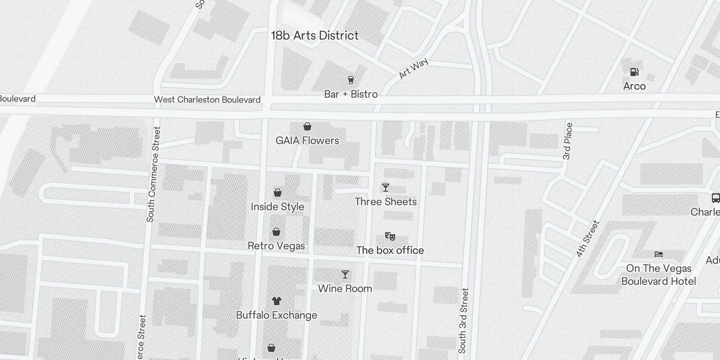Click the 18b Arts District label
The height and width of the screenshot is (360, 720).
(315, 36)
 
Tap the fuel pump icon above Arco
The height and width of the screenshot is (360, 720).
(634, 72)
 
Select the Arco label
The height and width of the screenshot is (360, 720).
(634, 86)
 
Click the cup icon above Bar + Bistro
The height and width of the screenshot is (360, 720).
(351, 80)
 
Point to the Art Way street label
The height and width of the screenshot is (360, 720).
(413, 68)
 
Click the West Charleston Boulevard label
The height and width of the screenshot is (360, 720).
(207, 99)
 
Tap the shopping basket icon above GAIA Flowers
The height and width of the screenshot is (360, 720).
(307, 126)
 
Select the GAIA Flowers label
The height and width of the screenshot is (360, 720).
(307, 140)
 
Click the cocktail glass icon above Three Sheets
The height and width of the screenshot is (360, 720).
(386, 188)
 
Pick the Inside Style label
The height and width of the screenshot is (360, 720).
(277, 207)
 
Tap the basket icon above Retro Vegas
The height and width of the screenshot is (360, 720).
(276, 232)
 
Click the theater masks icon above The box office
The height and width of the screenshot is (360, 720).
(390, 236)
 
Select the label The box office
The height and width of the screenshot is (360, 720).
(390, 250)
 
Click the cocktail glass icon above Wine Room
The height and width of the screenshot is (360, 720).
(345, 274)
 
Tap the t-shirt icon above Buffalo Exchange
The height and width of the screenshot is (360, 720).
(277, 301)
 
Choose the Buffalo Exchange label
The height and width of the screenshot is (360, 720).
(277, 315)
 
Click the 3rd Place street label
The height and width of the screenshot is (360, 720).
(567, 141)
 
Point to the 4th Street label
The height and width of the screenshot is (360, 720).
(588, 238)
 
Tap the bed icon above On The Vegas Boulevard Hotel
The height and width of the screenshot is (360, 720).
(659, 254)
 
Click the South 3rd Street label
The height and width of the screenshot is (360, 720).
(463, 320)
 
